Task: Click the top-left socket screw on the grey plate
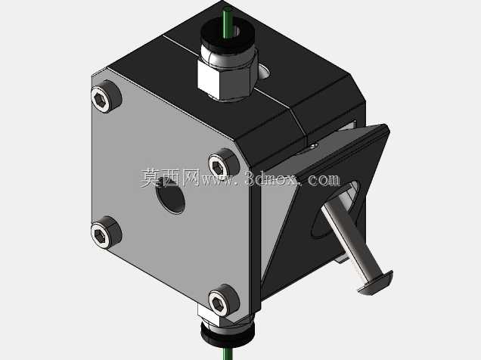click(x=106, y=97)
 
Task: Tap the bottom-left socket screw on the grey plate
click(x=106, y=233)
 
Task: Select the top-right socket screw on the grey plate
click(x=224, y=165)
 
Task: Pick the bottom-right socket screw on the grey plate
click(x=224, y=300)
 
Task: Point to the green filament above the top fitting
click(x=227, y=22)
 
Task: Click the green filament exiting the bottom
click(x=228, y=352)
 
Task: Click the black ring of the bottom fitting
click(x=228, y=334)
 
